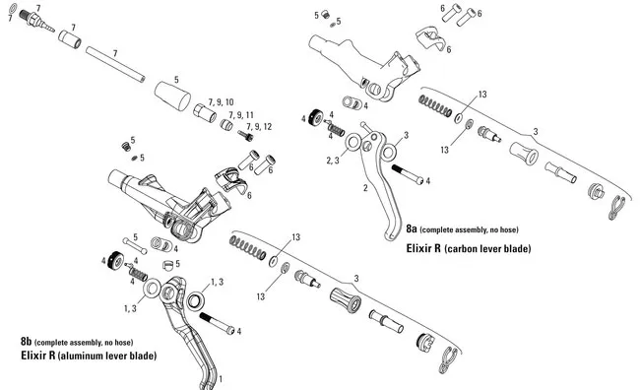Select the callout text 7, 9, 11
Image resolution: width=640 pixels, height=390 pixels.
pos(240,115)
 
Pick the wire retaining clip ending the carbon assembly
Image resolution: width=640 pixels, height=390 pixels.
pos(617,205)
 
